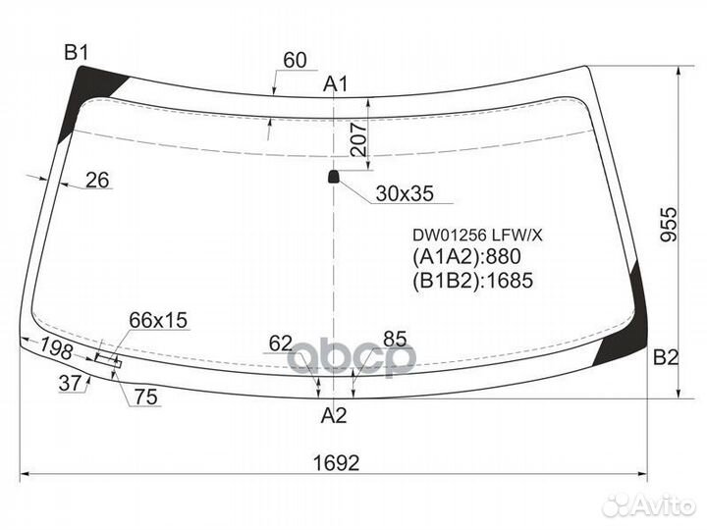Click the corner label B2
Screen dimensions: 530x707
coord(666,359)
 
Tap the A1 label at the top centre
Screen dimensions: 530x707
coord(337,85)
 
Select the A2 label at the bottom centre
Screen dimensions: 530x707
coord(335,415)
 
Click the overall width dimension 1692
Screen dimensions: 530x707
coord(335,462)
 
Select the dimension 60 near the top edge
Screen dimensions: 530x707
coord(295,61)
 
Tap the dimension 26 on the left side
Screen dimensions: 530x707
coord(97,180)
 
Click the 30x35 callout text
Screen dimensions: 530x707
coord(404,193)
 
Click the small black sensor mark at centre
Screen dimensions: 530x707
coord(333,177)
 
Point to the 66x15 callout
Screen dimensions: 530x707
coord(158,321)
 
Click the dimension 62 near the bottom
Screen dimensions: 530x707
coord(281,344)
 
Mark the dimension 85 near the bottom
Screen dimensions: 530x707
coord(395,340)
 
